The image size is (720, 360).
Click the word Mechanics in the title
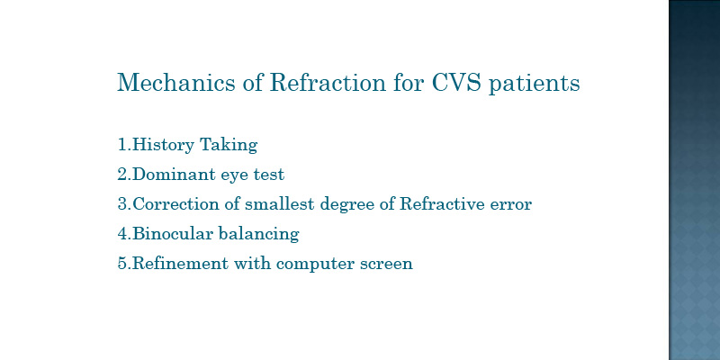click(x=175, y=83)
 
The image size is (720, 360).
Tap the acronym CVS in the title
click(x=456, y=83)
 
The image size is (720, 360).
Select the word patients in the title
click(x=534, y=84)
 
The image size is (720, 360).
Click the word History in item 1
click(x=163, y=145)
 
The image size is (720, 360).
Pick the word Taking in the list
click(x=229, y=145)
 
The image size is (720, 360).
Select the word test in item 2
click(x=269, y=175)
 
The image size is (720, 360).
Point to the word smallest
click(x=280, y=204)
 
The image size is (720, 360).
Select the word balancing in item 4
click(x=259, y=235)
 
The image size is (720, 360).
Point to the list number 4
click(x=122, y=234)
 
